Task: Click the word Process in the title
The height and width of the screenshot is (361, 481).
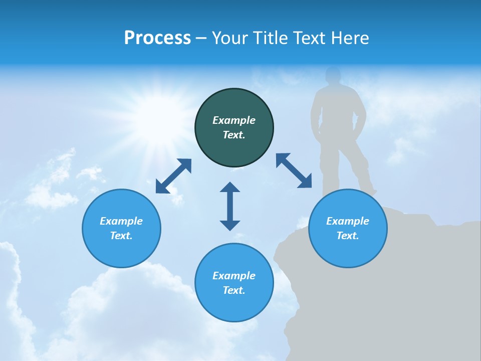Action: [x=157, y=38]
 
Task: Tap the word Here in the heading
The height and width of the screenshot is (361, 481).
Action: [x=349, y=38]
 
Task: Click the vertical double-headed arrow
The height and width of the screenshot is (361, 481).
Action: [x=230, y=206]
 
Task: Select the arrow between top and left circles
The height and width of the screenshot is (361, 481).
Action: [x=173, y=176]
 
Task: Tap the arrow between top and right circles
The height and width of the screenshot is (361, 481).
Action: [x=294, y=170]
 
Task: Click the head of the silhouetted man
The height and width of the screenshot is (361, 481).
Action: [x=333, y=77]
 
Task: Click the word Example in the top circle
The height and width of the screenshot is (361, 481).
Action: [x=234, y=120]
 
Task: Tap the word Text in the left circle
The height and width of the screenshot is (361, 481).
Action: [x=121, y=236]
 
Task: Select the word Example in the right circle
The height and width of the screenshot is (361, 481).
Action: [x=348, y=221]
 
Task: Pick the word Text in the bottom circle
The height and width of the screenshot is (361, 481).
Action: [x=234, y=290]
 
